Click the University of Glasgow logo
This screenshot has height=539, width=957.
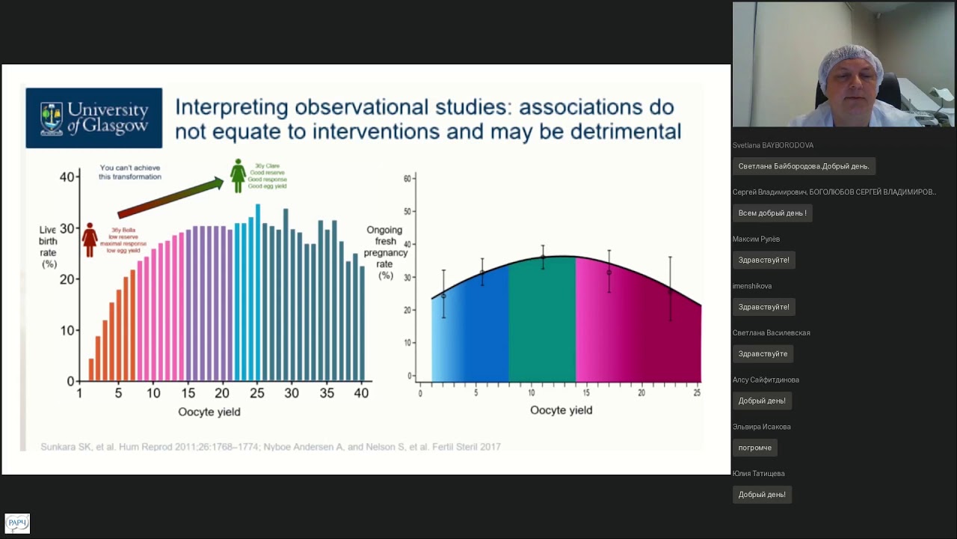[x=94, y=118]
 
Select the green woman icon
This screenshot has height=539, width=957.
[x=238, y=175]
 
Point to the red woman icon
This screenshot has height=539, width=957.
[x=90, y=239]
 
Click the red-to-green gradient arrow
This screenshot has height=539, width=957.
[x=170, y=198]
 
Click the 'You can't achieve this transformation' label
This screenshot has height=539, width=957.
[x=130, y=172]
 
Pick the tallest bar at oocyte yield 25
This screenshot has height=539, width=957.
[x=258, y=292]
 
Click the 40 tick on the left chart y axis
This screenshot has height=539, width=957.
[x=67, y=177]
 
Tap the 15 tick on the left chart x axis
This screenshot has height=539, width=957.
[x=188, y=394]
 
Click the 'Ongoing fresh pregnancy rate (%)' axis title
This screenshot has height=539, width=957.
[x=385, y=253]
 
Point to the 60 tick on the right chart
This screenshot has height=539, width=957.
[x=408, y=179]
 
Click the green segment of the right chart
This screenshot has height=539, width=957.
[x=542, y=322]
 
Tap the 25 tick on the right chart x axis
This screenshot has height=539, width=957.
[x=697, y=393]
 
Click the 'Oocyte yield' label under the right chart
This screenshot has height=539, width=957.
[x=561, y=410]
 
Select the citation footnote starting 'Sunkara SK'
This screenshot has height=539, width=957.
[x=270, y=447]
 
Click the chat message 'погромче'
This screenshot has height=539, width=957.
[x=755, y=448]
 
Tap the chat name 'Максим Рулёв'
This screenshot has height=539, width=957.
[x=756, y=239]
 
